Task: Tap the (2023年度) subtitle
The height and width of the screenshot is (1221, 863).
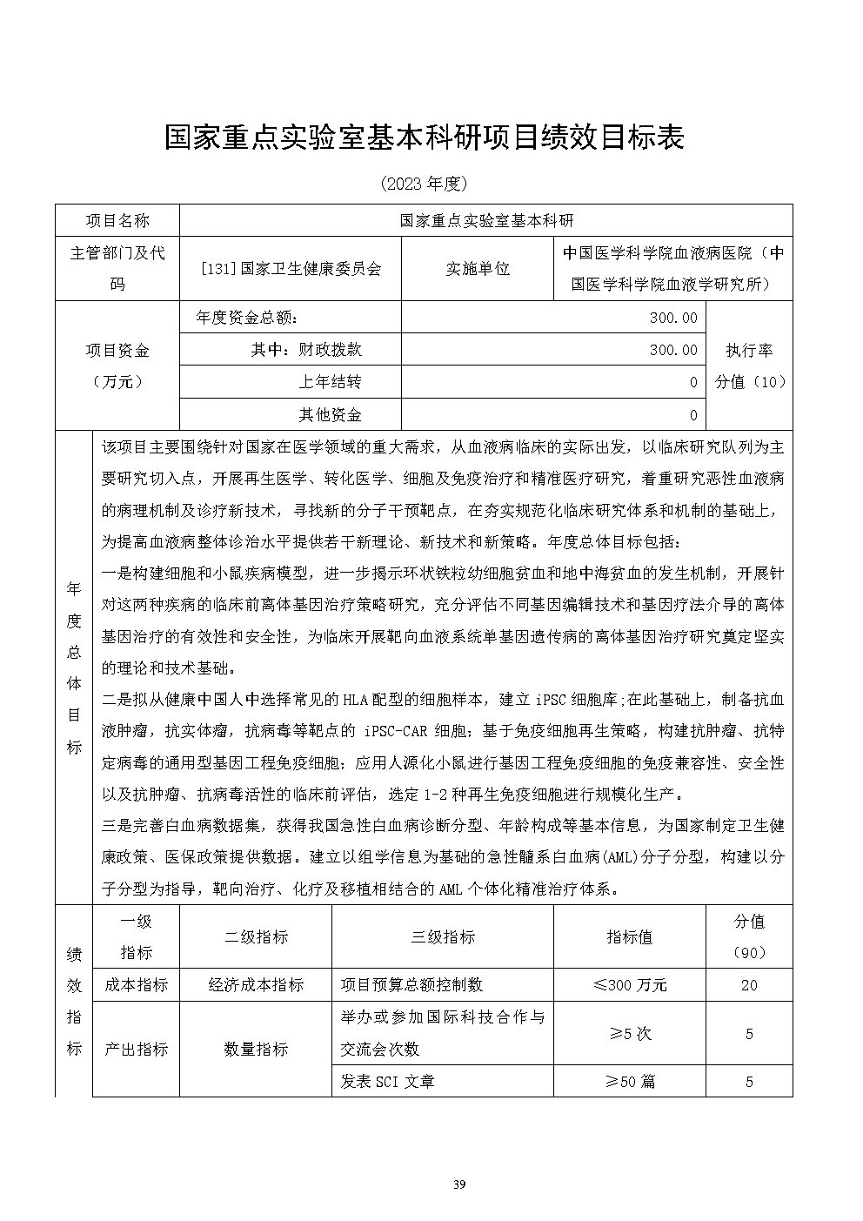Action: tap(425, 184)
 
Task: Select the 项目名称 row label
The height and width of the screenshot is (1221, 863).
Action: tap(117, 220)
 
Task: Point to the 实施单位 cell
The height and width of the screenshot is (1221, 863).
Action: tap(478, 269)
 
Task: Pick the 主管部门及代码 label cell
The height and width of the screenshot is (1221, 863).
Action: tap(117, 269)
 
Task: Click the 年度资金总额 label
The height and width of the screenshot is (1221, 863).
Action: tap(253, 318)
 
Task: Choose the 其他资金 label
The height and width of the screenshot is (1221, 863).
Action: tap(331, 414)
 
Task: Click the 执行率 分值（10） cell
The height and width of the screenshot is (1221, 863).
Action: tap(749, 366)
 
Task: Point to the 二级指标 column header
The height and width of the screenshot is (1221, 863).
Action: tap(257, 937)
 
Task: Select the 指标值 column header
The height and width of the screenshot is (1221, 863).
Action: tap(629, 937)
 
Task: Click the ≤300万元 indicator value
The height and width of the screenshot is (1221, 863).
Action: tap(629, 985)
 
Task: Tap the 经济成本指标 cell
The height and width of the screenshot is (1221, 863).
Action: tap(257, 985)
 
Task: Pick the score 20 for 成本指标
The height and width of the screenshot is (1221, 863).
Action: tap(749, 985)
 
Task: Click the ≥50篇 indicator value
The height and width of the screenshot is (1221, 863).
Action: tap(631, 1082)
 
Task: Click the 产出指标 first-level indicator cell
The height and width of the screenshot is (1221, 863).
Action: tap(136, 1049)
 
